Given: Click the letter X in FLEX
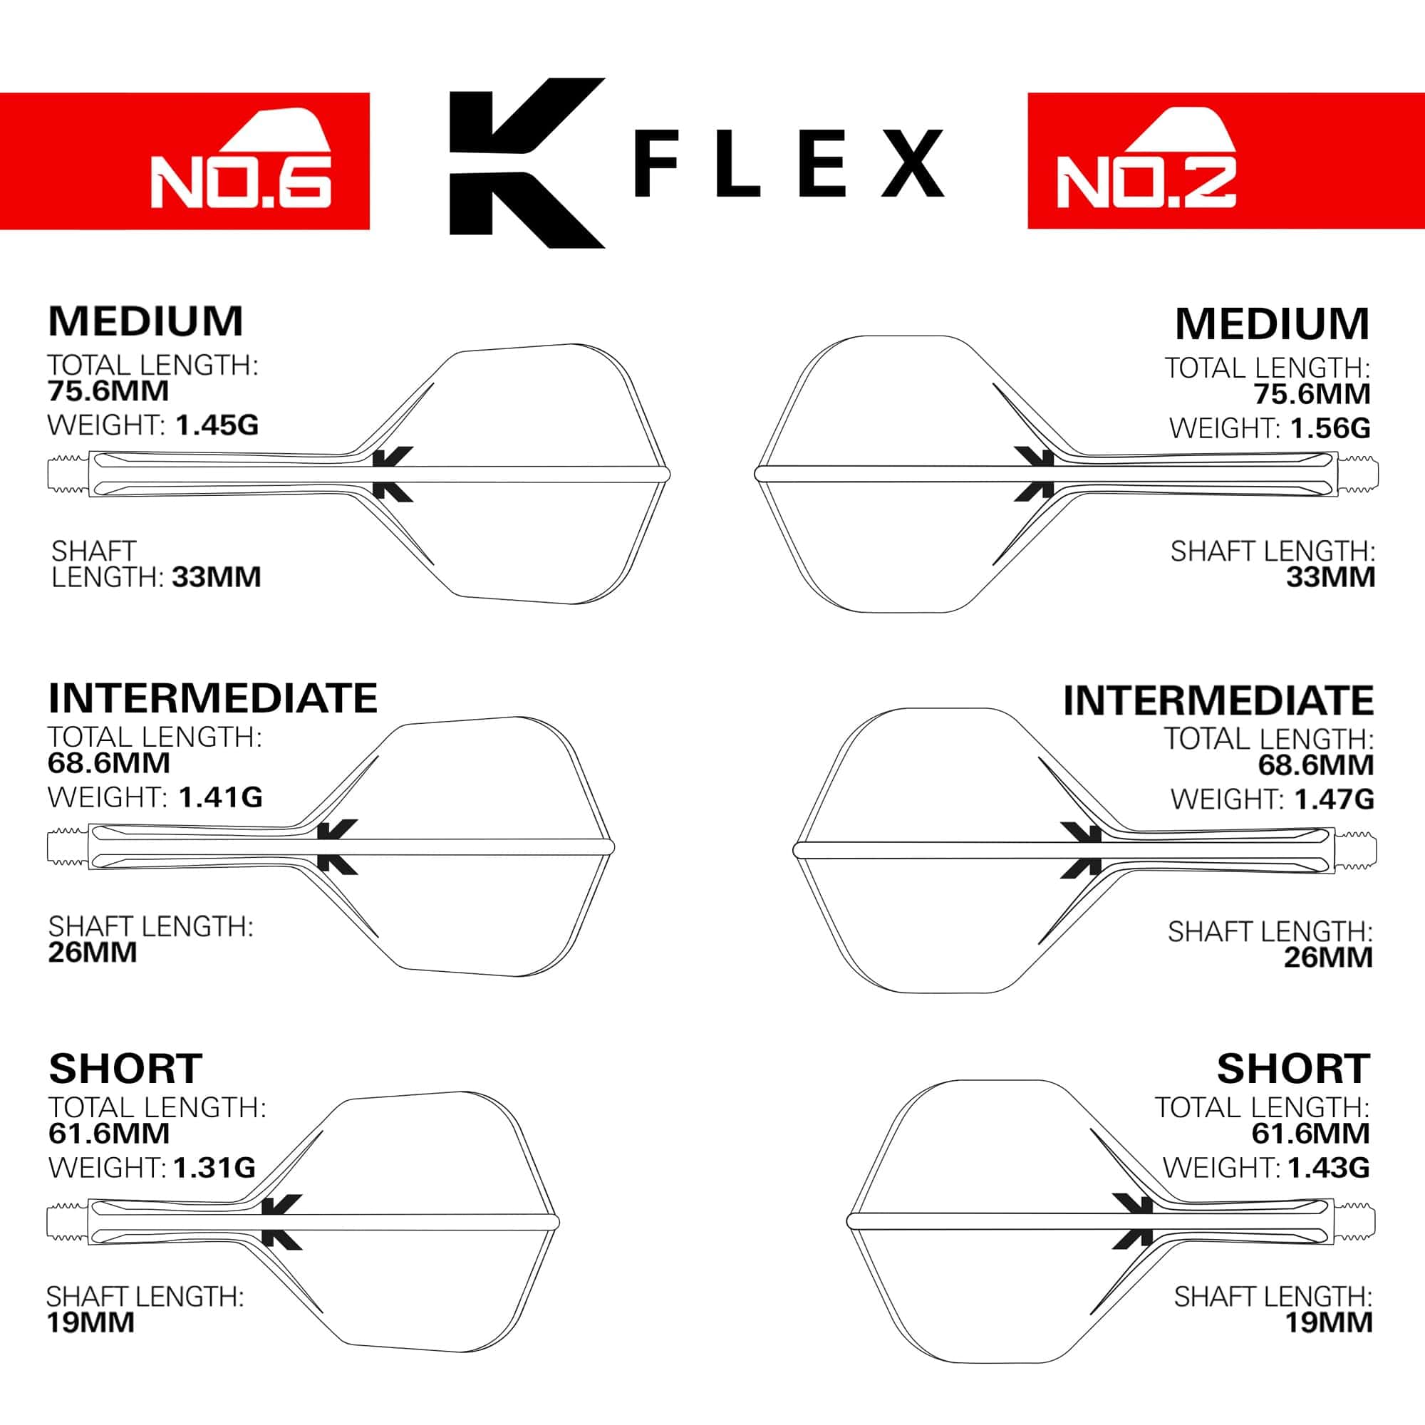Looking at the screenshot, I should (913, 163).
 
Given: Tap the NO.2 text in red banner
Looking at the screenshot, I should (1146, 182).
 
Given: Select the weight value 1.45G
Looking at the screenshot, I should (217, 425).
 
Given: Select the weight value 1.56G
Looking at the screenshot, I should (1330, 427).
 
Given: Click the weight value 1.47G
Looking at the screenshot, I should (1332, 799).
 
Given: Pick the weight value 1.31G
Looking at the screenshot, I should (214, 1168).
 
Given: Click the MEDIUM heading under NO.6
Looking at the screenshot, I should (145, 321).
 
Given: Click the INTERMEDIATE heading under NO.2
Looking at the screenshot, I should (1218, 700).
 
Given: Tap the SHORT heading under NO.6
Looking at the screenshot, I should (125, 1069).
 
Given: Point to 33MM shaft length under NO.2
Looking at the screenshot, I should (1330, 577).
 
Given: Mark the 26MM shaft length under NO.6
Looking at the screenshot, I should (92, 952).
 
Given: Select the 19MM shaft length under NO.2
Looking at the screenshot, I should (1328, 1322).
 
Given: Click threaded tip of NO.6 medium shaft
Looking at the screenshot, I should (68, 473).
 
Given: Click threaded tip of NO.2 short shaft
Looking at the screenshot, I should (1356, 1221).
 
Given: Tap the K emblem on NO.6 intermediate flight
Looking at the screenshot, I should (336, 846).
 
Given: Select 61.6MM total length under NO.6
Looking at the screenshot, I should (109, 1134).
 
